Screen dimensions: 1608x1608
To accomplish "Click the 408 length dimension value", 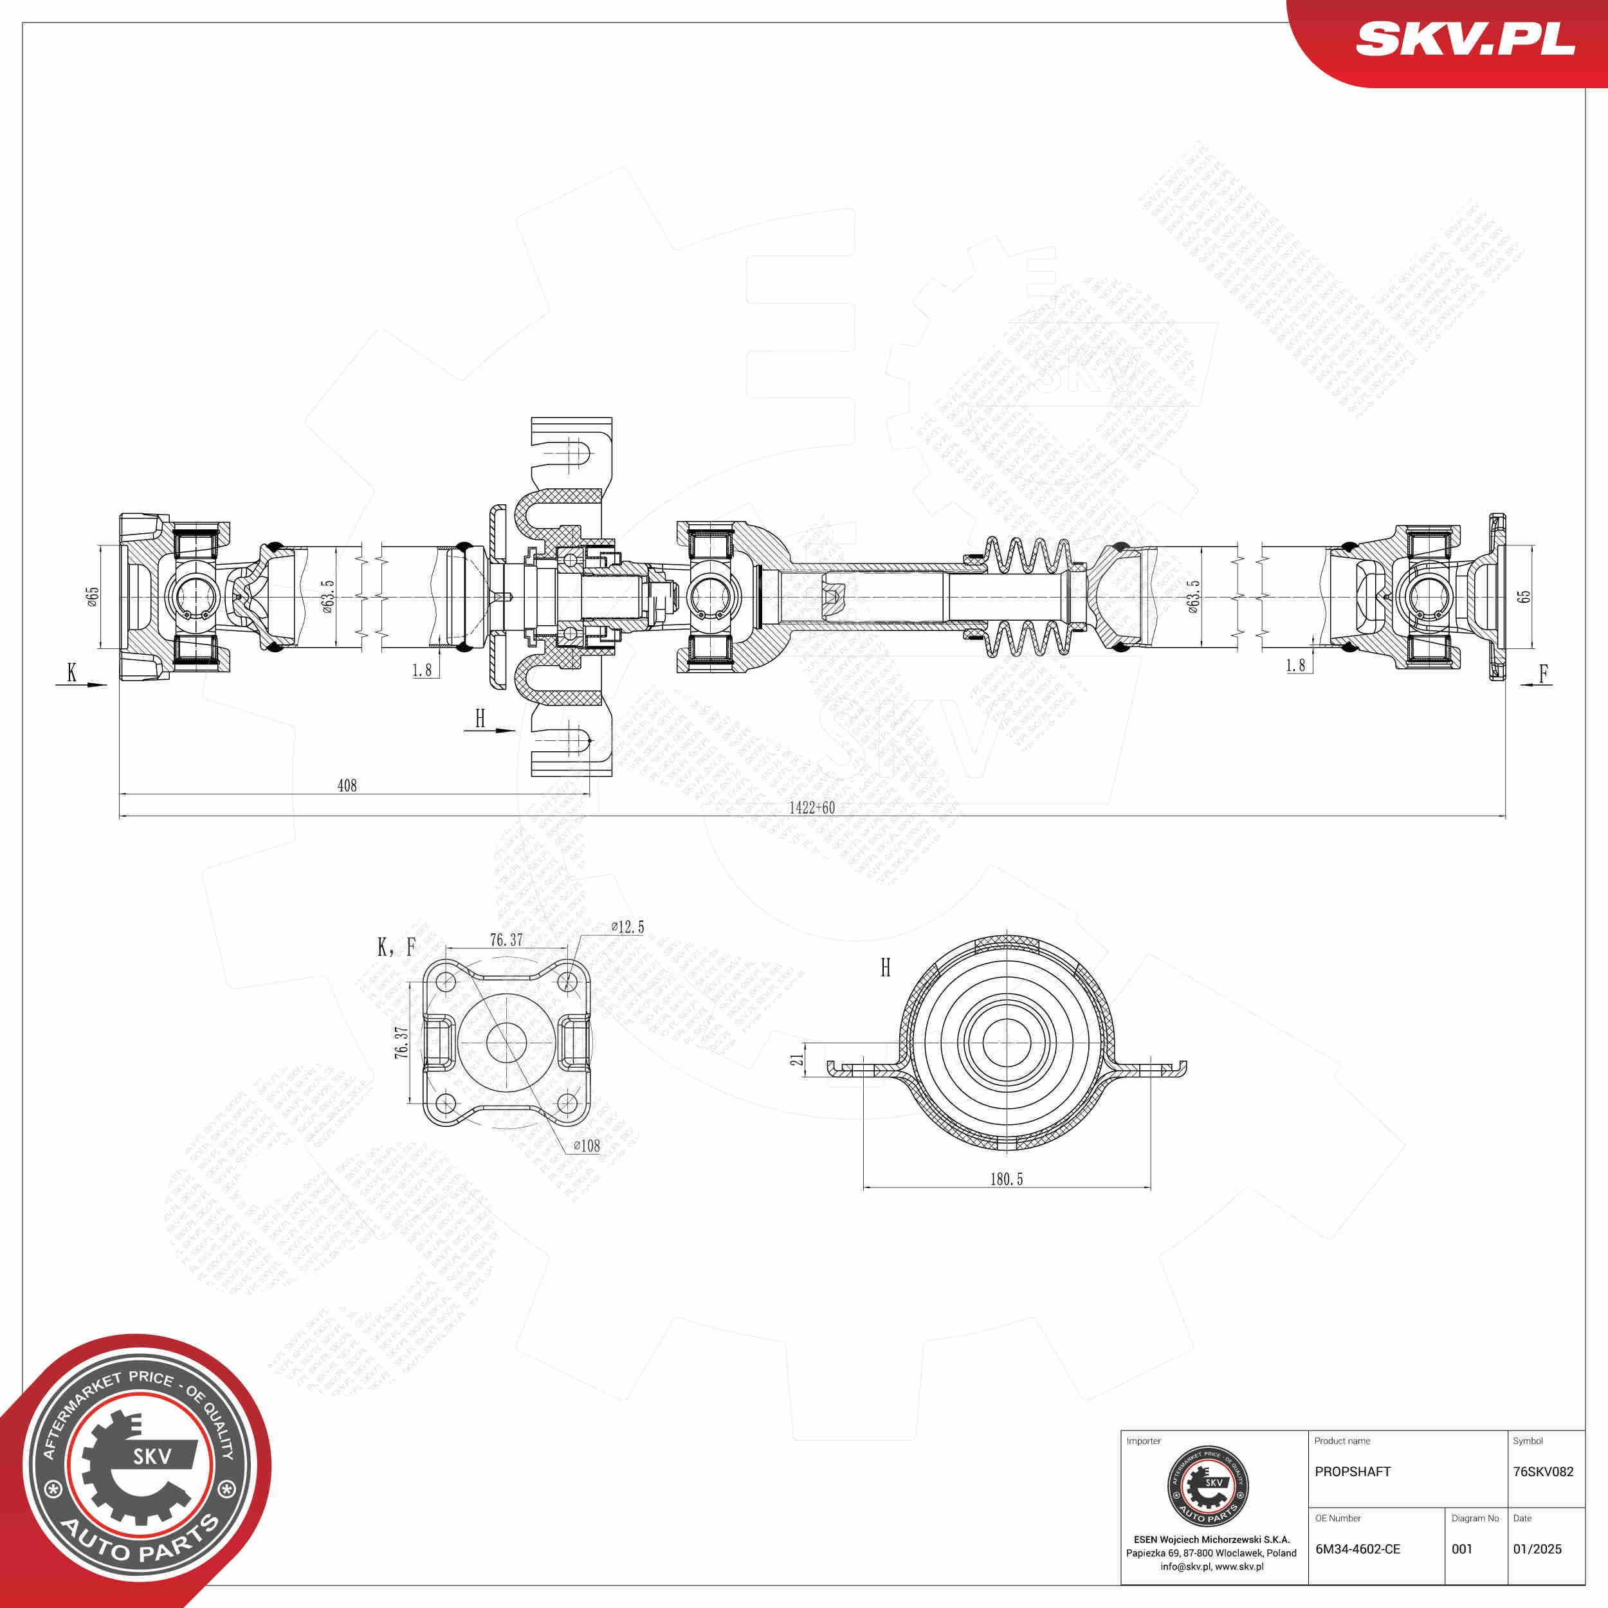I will click(347, 785).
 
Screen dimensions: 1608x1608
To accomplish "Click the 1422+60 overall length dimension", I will click(812, 807).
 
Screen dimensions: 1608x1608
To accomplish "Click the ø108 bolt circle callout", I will click(587, 1146).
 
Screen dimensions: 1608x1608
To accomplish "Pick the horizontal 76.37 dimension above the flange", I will click(506, 940).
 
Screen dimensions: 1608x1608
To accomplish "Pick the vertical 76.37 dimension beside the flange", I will click(401, 1042).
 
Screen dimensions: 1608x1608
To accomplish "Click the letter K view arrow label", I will click(71, 673).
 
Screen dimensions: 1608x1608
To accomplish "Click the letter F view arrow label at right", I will click(1544, 674).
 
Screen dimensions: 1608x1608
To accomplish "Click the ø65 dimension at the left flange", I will click(93, 596).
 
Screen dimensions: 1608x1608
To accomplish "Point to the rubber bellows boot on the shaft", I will click(1028, 597).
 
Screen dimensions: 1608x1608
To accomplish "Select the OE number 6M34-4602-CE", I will click(1358, 1549).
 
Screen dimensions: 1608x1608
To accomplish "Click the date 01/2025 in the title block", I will click(1537, 1549).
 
